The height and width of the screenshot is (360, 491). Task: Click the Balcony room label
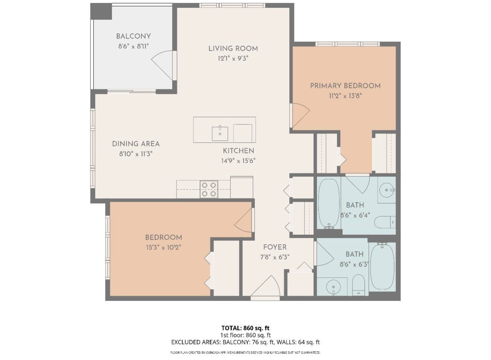click(133, 36)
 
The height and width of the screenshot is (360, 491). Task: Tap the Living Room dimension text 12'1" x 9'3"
click(233, 59)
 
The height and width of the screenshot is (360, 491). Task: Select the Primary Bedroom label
click(345, 86)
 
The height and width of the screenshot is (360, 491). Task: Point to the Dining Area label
click(136, 144)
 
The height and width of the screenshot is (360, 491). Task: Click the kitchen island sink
click(220, 134)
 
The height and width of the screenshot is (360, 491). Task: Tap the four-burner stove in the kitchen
click(209, 189)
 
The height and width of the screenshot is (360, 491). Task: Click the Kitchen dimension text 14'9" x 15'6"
click(238, 161)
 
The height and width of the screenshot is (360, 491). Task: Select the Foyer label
click(275, 247)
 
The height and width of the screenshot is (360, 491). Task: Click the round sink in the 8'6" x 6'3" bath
click(333, 287)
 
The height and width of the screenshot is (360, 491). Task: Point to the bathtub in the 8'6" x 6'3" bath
click(383, 266)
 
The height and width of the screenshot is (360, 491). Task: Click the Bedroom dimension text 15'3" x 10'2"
click(164, 248)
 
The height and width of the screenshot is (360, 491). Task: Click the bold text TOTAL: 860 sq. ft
click(245, 328)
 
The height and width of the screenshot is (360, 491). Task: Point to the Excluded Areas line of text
click(245, 342)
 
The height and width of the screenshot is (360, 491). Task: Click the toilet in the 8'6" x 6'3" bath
click(358, 285)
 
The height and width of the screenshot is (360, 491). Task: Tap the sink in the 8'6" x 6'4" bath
click(387, 190)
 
